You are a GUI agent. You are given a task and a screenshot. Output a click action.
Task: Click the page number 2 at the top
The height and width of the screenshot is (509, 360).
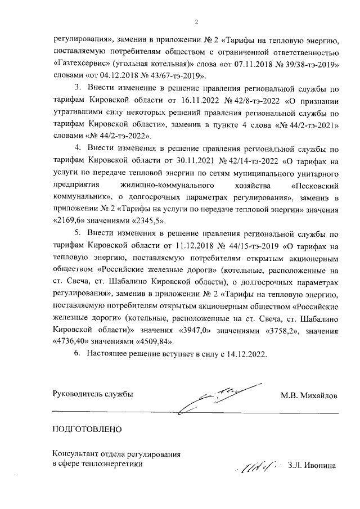tap(196, 22)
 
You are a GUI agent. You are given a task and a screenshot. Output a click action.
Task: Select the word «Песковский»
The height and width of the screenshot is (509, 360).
tap(314, 184)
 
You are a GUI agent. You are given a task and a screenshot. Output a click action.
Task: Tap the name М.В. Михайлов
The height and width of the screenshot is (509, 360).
tap(309, 395)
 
